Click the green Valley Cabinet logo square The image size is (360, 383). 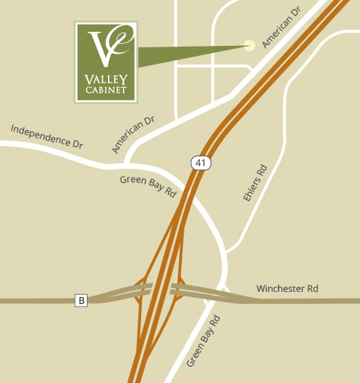click(x=105, y=61)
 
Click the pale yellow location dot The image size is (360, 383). click(x=248, y=45)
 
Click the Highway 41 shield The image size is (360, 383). click(x=200, y=163)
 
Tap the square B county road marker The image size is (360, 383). click(x=81, y=300)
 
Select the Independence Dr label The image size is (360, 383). click(x=47, y=136)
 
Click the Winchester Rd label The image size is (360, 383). click(x=287, y=288)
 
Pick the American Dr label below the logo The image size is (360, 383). click(x=133, y=135)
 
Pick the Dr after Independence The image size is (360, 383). click(x=77, y=143)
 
